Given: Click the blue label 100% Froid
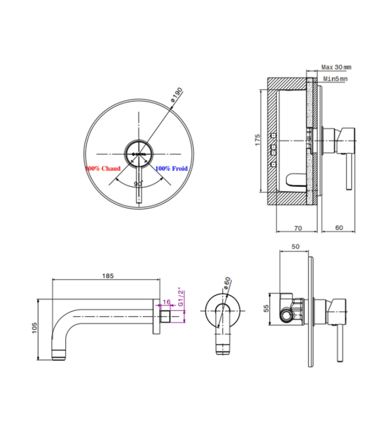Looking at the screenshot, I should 172,168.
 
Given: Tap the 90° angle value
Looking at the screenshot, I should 138,183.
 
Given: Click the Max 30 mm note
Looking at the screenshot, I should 336,67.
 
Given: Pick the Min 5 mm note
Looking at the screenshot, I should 336,79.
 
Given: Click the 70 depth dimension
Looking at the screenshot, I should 298,228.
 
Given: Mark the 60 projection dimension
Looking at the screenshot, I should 338,228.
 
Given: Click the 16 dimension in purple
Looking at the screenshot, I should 166,302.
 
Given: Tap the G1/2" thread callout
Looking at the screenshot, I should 181,296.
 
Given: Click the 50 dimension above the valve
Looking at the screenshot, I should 296,247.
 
